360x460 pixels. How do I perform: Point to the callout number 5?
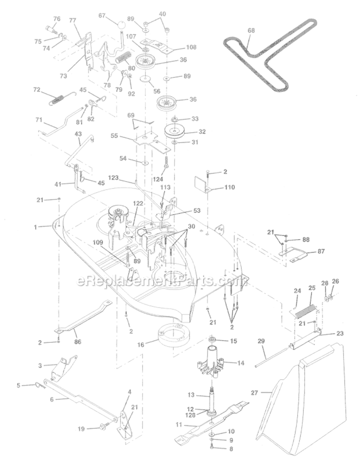click(x=19, y=385)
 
